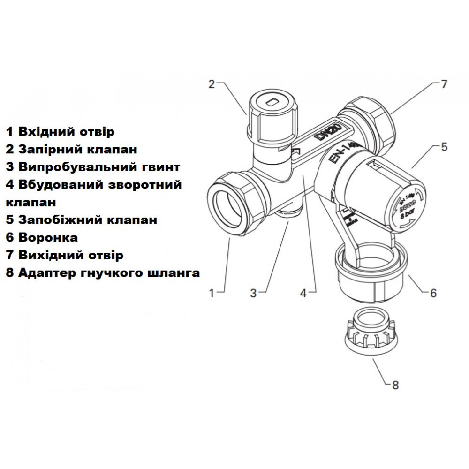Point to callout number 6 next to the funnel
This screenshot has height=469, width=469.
pyautogui.click(x=433, y=293)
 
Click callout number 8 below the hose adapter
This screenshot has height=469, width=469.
pyautogui.click(x=395, y=385)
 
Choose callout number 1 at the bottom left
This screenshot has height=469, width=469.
pyautogui.click(x=212, y=293)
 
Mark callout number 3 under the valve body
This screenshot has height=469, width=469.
pyautogui.click(x=254, y=293)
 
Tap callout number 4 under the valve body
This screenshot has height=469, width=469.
pyautogui.click(x=303, y=293)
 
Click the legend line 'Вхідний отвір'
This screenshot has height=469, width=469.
pyautogui.click(x=60, y=131)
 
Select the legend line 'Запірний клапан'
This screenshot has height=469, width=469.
pyautogui.click(x=72, y=149)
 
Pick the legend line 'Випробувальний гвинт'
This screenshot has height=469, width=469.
pyautogui.click(x=93, y=167)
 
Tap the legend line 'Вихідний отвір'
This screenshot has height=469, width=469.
pyautogui.click(x=65, y=255)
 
